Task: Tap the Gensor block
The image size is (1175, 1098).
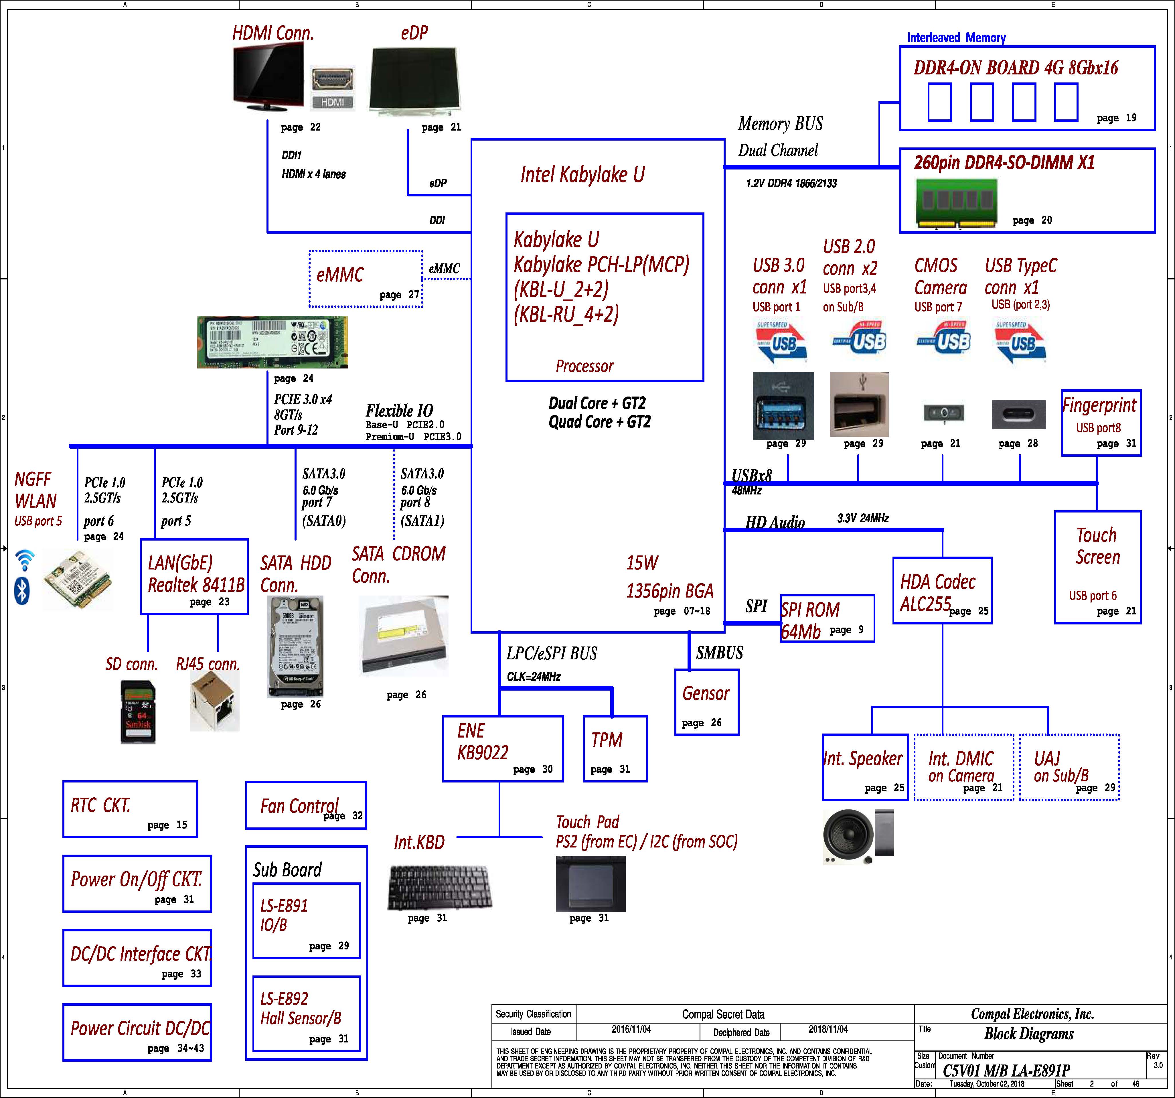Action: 706,702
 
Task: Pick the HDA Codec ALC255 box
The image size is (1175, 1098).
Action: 941,590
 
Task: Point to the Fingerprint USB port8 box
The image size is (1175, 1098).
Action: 1101,422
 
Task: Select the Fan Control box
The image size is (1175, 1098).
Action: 306,805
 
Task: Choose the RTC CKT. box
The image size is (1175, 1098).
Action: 130,809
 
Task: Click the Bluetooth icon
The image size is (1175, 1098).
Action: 22,591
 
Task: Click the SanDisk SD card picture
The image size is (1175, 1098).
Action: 138,712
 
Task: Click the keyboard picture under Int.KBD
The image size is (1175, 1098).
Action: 439,887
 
